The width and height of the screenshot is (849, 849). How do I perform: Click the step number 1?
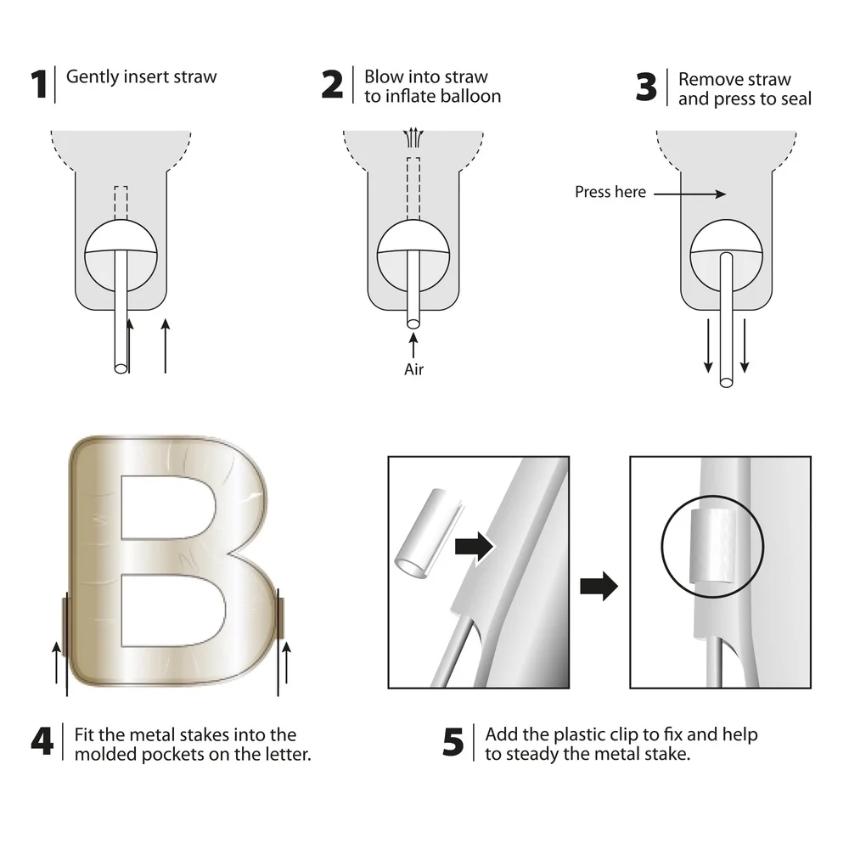(38, 86)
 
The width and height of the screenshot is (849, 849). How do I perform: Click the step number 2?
(333, 86)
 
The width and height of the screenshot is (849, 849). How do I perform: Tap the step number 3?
(647, 88)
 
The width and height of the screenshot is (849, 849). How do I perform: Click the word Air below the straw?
(413, 369)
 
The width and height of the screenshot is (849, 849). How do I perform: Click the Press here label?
(610, 193)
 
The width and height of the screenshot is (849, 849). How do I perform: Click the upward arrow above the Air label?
(413, 346)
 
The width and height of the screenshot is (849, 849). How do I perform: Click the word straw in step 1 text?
(192, 77)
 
